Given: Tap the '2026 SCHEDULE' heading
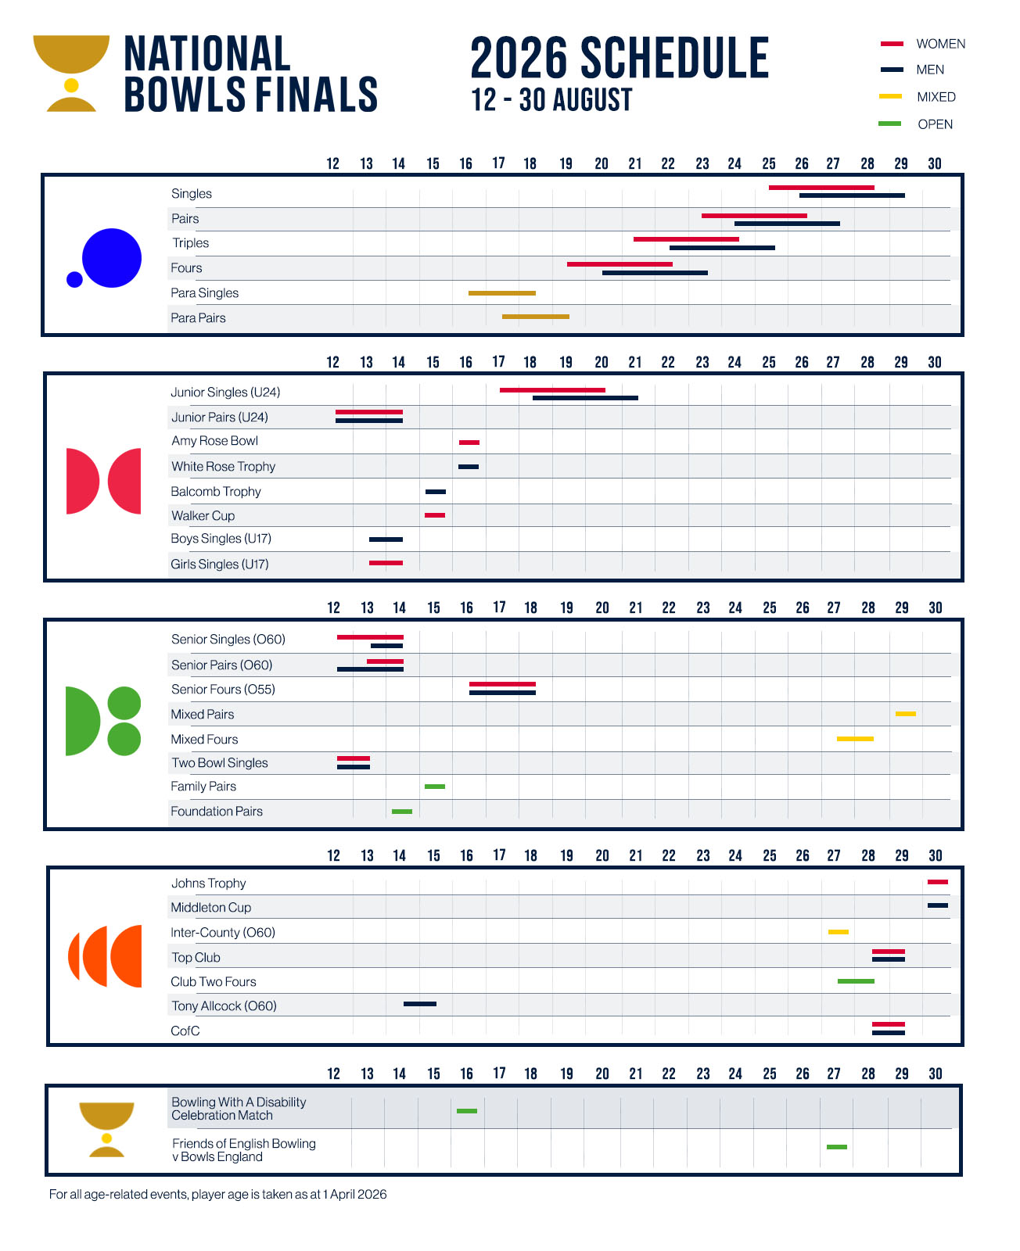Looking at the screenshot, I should [x=620, y=59].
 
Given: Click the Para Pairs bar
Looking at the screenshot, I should [x=536, y=317].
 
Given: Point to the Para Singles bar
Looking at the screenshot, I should [x=502, y=293].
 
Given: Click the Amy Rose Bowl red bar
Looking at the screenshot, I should [x=469, y=443].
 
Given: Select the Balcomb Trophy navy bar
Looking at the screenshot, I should [x=436, y=492].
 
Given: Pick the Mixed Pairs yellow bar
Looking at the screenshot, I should [x=906, y=714].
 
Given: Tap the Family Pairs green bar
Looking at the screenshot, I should [x=435, y=787].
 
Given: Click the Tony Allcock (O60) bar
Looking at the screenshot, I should [x=420, y=1004].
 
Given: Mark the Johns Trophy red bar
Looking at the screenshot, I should [x=938, y=882].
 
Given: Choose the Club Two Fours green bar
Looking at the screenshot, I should [x=856, y=981].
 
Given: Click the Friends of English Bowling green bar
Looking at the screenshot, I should [x=837, y=1147].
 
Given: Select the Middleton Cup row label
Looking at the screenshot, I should [x=211, y=908].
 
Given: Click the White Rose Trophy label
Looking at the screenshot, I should [x=224, y=467].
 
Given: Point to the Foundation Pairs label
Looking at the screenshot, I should [x=217, y=812].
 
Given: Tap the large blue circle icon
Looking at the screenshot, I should [x=112, y=258].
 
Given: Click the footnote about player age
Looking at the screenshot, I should [x=217, y=1195].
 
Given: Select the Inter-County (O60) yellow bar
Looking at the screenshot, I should [x=839, y=932].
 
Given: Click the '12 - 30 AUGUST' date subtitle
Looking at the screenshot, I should [x=551, y=101].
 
